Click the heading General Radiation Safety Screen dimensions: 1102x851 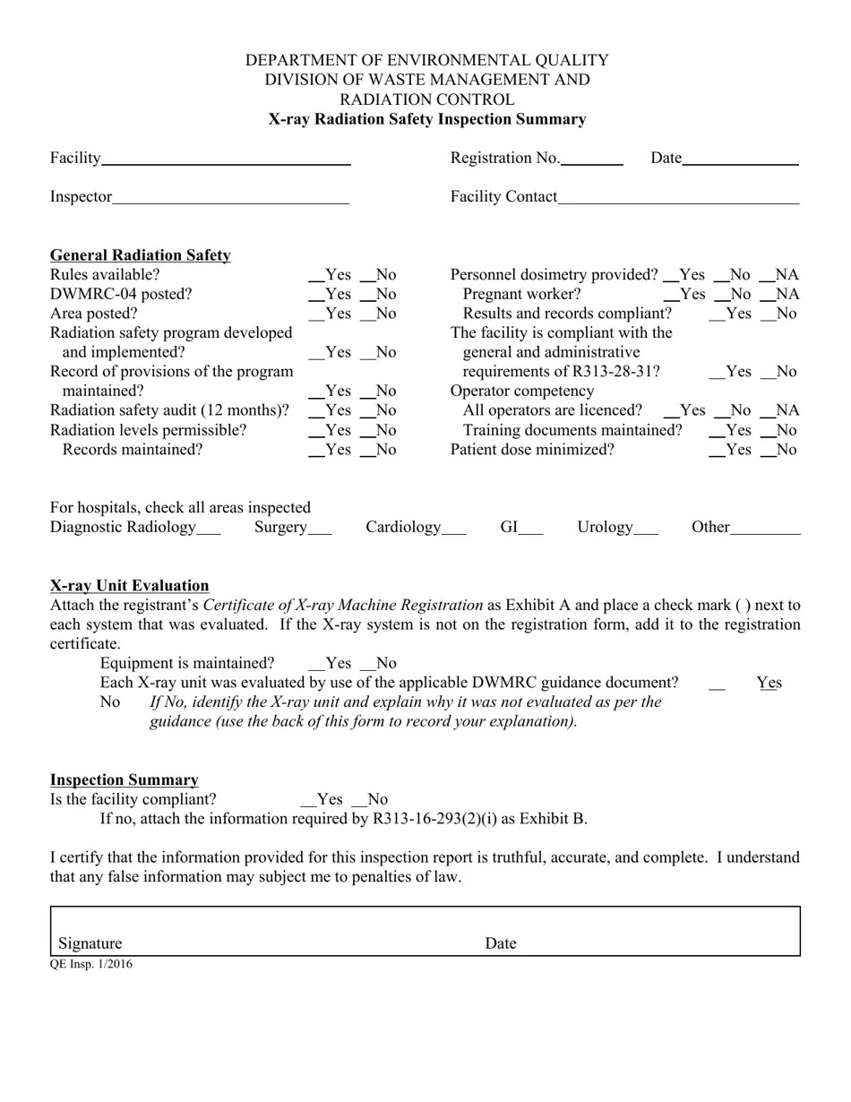point(140,255)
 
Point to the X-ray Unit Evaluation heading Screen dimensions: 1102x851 point(129,586)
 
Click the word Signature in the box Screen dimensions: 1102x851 point(90,943)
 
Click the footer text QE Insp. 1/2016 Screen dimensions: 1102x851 point(90,964)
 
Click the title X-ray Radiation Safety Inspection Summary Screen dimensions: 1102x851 point(426,119)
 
